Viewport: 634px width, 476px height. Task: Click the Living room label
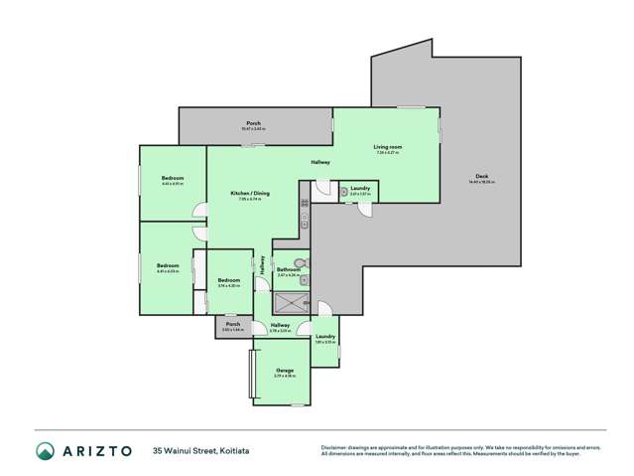coord(387,147)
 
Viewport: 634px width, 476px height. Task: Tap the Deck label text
coord(481,177)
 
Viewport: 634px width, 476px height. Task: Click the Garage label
coord(286,371)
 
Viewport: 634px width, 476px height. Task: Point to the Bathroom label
coord(289,269)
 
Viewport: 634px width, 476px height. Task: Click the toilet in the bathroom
coord(306,263)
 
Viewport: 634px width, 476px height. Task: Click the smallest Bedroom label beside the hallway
coord(229,280)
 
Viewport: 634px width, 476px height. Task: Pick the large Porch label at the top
coord(253,123)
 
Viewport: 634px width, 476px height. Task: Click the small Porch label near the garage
coord(233,324)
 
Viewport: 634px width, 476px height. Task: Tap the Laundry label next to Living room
coord(359,188)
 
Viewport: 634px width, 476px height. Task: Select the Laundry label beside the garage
coord(325,337)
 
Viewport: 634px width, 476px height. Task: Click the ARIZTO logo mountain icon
coord(45,451)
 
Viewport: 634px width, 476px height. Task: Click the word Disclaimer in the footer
coord(334,446)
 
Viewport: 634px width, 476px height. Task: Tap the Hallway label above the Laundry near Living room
coord(320,162)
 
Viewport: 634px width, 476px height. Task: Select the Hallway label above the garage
coord(281,325)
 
